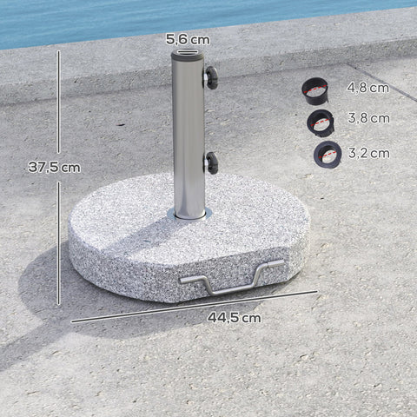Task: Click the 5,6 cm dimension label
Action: click(x=188, y=39)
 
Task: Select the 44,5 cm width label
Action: click(x=234, y=317)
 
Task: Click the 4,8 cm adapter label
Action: click(x=367, y=87)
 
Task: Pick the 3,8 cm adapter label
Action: click(x=367, y=117)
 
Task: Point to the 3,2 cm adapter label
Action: click(x=367, y=153)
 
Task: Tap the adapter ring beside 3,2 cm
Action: click(x=327, y=155)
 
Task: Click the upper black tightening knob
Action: click(x=211, y=80)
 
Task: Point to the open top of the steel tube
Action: click(x=187, y=56)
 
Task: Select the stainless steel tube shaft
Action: click(x=189, y=139)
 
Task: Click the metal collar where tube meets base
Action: click(x=189, y=214)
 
